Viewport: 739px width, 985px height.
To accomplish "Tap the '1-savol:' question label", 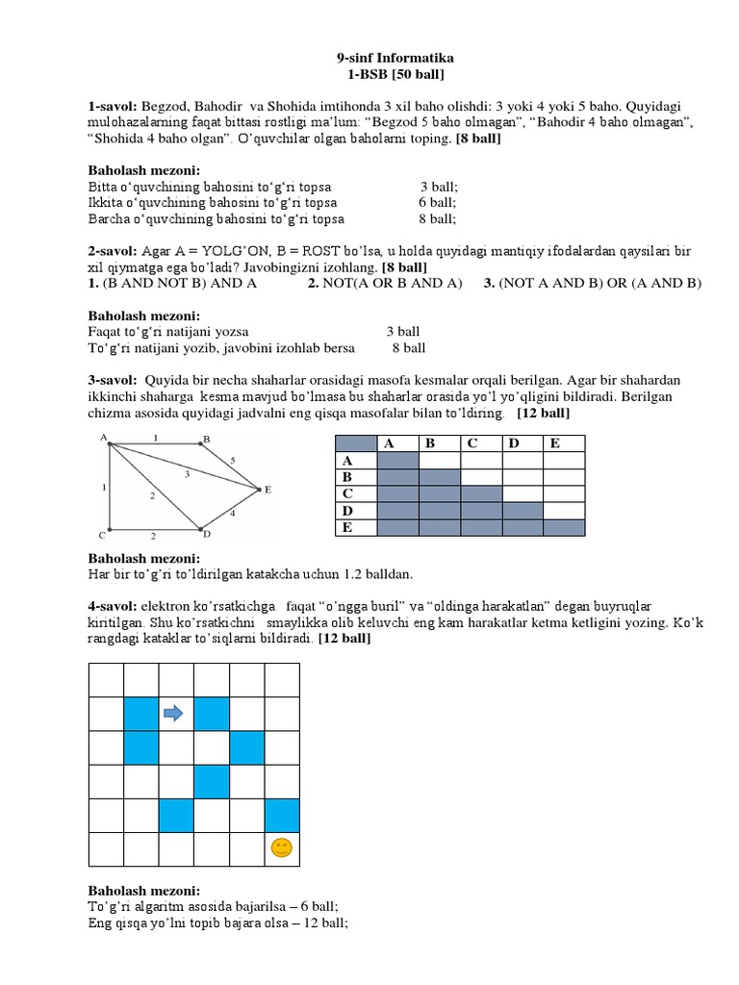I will click(x=113, y=106).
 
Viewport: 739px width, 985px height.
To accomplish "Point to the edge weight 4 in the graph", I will click(x=234, y=514).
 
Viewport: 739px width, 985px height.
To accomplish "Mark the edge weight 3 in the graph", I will click(x=187, y=474).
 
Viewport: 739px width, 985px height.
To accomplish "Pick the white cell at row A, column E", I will click(x=563, y=460).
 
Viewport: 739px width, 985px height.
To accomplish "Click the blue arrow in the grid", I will click(x=173, y=713).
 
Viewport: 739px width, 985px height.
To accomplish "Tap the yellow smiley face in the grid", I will click(x=281, y=847).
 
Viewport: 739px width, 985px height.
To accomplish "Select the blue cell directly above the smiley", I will click(x=281, y=815).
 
